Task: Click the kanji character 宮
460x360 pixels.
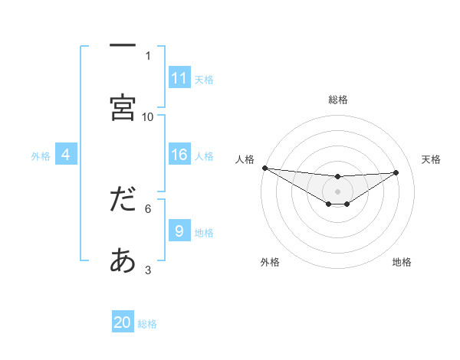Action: [123, 108]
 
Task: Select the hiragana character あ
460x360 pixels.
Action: [123, 261]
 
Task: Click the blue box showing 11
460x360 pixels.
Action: [179, 78]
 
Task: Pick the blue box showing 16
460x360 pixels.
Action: [179, 155]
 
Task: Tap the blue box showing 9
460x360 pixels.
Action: [179, 231]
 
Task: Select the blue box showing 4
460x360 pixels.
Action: [66, 155]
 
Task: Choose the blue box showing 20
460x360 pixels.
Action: [123, 322]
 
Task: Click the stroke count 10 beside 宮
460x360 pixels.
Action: [148, 116]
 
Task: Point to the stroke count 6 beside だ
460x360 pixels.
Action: [148, 208]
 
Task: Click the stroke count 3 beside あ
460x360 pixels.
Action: [148, 270]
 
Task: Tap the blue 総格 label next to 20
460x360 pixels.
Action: [147, 324]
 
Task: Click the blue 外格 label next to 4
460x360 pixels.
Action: [41, 156]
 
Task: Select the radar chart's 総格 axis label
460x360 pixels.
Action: [337, 100]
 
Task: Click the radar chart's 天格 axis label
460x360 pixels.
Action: [431, 159]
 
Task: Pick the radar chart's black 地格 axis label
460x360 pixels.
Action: [402, 262]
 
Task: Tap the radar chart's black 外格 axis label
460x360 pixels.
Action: [270, 262]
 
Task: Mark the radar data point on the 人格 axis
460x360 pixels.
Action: [264, 168]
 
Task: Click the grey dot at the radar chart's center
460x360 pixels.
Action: [337, 191]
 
